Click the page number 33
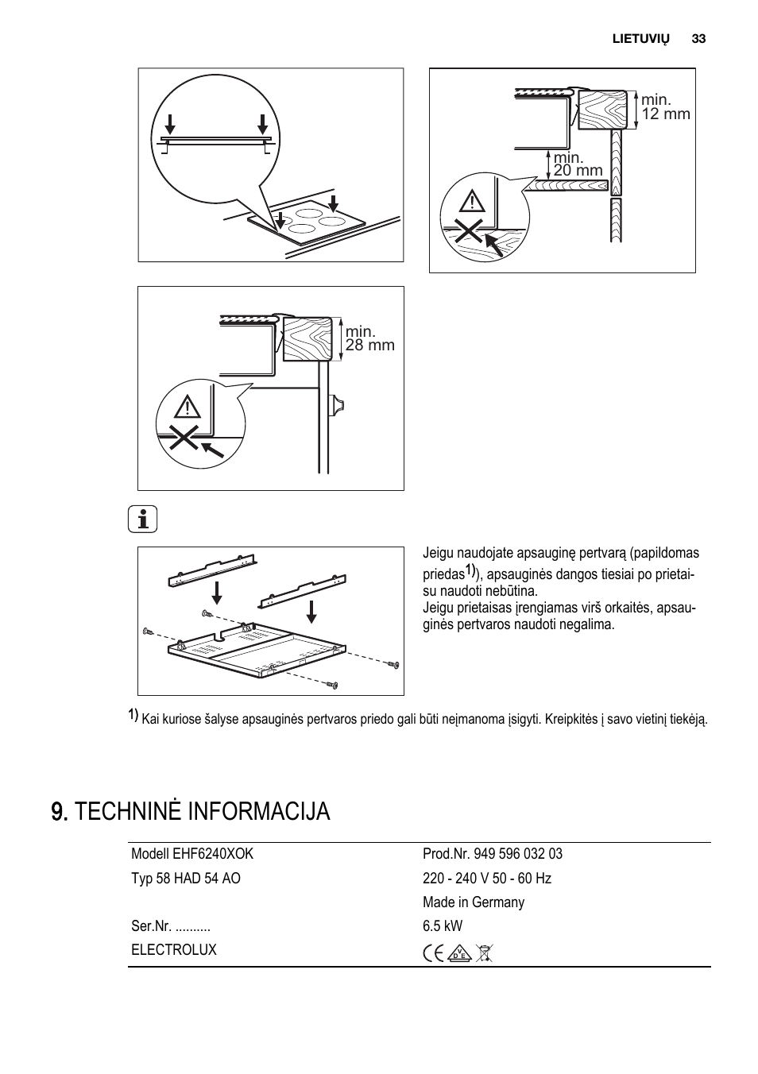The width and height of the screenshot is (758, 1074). click(x=698, y=39)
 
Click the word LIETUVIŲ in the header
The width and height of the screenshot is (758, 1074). click(x=640, y=39)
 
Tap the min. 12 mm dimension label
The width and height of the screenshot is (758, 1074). click(x=665, y=106)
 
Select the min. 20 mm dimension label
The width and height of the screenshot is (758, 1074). click(x=578, y=164)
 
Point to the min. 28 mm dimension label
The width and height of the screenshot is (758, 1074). click(x=369, y=338)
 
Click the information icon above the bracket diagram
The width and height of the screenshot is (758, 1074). click(x=143, y=520)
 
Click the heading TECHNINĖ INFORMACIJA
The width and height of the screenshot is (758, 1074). click(x=191, y=812)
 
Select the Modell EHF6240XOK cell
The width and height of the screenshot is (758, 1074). click(x=192, y=854)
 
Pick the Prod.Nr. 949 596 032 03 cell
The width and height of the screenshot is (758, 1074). click(x=493, y=854)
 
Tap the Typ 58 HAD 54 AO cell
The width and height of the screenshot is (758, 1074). click(x=186, y=879)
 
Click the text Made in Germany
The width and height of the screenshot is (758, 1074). click(x=474, y=902)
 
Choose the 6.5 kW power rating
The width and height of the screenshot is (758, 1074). click(x=443, y=926)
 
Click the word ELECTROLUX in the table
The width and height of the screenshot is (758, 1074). click(x=174, y=950)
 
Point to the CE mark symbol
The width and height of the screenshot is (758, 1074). click(x=434, y=953)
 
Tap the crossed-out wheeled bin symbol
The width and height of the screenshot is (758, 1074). click(x=483, y=953)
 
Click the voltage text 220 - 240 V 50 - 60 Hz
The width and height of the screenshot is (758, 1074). click(x=487, y=879)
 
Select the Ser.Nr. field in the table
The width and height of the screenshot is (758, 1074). click(x=171, y=926)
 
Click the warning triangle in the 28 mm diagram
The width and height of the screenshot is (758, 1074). click(x=188, y=408)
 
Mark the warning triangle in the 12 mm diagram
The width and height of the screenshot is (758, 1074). click(x=472, y=202)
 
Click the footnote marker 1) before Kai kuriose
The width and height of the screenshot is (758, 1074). click(x=133, y=716)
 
